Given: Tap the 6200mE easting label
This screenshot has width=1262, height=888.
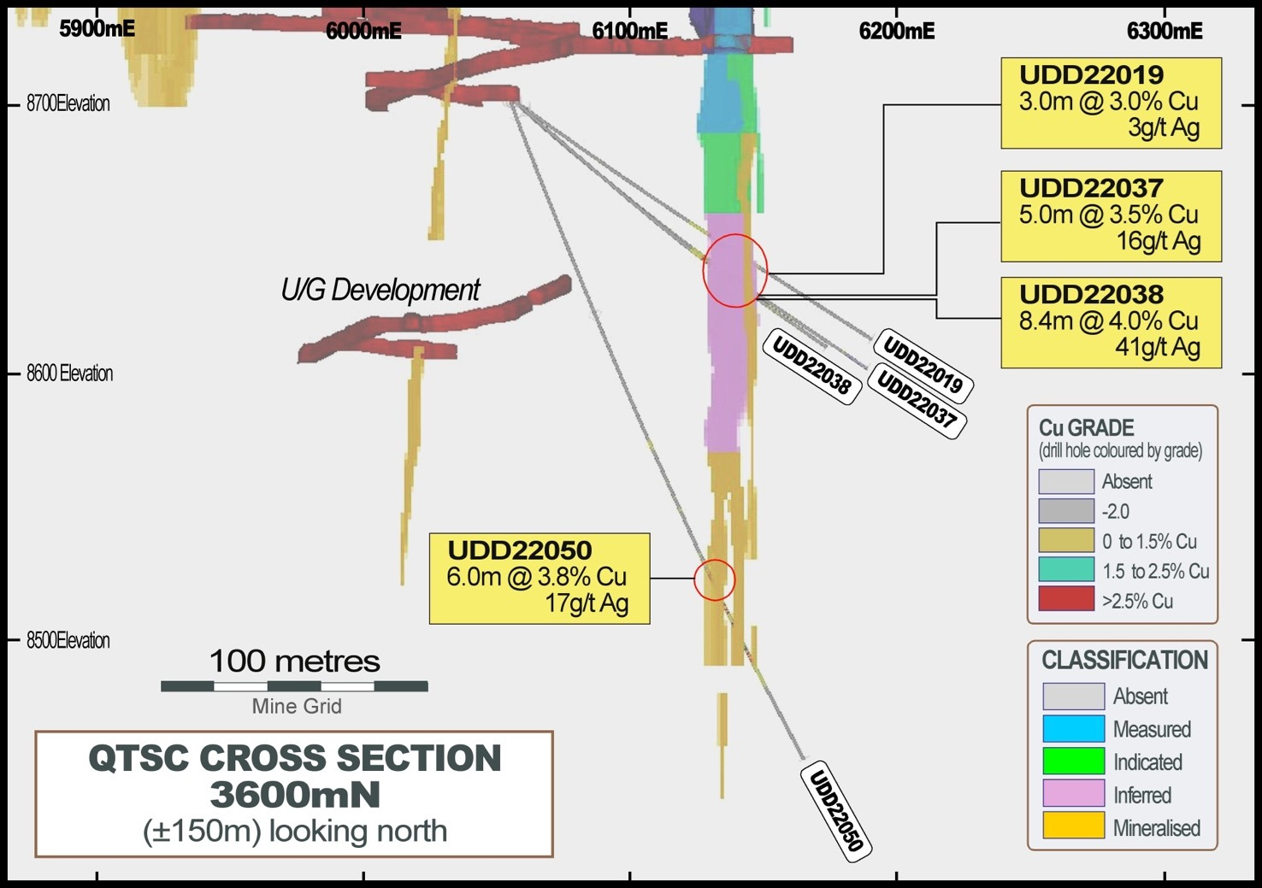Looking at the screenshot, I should tap(896, 31).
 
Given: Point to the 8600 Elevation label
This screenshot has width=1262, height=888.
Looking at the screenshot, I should tap(69, 373).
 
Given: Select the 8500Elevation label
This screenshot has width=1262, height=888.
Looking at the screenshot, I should tap(68, 640).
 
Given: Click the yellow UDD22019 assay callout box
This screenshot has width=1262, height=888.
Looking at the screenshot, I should tap(1111, 103).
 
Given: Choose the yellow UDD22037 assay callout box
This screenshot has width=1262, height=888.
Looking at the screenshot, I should tap(1111, 216).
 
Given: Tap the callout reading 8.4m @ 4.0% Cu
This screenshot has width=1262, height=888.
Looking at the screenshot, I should tap(1111, 322).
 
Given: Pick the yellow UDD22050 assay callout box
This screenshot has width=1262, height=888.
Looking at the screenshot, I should tap(539, 579).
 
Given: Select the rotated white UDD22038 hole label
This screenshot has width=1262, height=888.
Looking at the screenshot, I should tap(811, 366).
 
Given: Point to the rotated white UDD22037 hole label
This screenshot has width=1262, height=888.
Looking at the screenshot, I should tap(917, 400).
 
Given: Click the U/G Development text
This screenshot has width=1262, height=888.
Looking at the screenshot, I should tap(380, 291).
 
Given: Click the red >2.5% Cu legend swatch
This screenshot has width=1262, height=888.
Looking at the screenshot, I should tap(1065, 599).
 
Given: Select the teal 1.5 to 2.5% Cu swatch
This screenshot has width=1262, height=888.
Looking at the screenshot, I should tap(1065, 569).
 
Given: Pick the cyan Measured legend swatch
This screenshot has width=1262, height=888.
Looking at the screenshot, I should tap(1073, 729).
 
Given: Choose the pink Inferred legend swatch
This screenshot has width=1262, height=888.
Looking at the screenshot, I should tap(1073, 794).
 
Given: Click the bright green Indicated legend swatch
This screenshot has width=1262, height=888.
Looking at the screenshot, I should tap(1073, 761).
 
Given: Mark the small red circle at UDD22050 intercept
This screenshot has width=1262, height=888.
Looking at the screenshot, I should tap(714, 579).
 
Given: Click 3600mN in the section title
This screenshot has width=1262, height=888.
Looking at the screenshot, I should tap(294, 795).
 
